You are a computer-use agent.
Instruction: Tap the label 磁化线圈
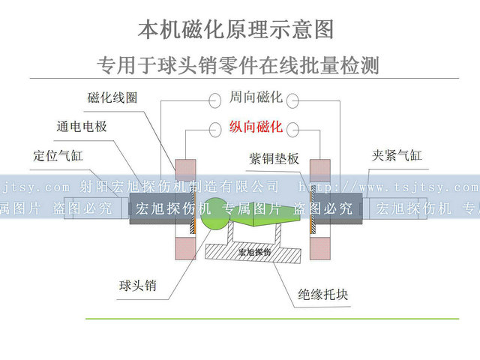tap(112, 98)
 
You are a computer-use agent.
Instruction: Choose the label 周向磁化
tap(256, 98)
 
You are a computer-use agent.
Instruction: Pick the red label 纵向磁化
tap(256, 127)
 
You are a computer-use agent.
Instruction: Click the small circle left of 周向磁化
tap(214, 98)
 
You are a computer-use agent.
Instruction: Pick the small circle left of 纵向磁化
tap(214, 127)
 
